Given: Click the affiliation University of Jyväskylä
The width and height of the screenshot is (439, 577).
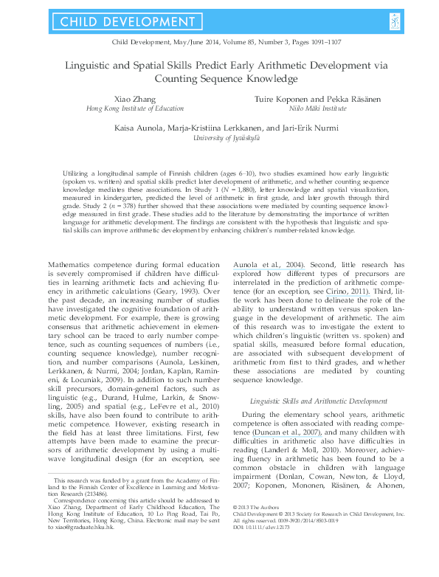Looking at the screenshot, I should tap(219, 137).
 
